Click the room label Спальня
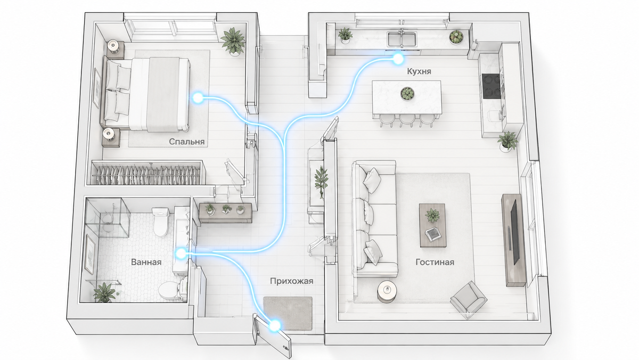[x=186, y=142]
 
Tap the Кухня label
[x=419, y=71]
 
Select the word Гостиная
[x=435, y=262]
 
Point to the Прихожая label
[x=292, y=281]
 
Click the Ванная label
[x=146, y=262]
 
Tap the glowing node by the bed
[x=197, y=98]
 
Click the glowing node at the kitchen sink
[x=398, y=59]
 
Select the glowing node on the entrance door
[x=275, y=325]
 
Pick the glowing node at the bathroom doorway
[x=181, y=253]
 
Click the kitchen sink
[x=402, y=39]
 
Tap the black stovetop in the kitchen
[x=491, y=86]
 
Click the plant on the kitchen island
[x=407, y=94]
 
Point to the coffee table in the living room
[x=432, y=225]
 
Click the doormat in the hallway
[x=288, y=314]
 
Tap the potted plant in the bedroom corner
[x=233, y=42]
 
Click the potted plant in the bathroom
[x=104, y=292]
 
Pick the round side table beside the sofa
[x=387, y=291]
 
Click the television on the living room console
[x=514, y=232]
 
